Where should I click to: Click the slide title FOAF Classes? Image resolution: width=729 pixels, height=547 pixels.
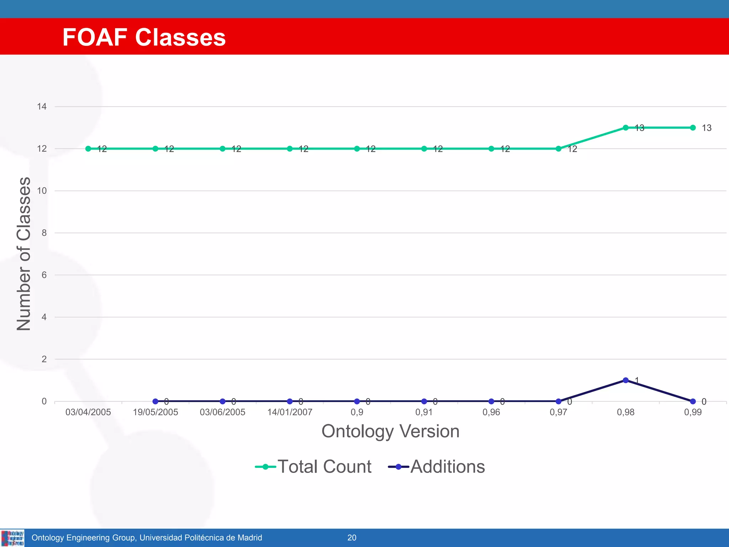pos(144,37)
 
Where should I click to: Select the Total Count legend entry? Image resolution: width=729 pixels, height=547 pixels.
pos(313,467)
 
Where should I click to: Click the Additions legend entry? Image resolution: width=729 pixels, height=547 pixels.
pos(437,467)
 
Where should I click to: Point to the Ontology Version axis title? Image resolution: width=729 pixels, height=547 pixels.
pos(390,431)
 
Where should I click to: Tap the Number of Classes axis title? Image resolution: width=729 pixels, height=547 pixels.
pos(24,254)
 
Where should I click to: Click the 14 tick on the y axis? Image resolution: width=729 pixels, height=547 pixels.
pos(42,106)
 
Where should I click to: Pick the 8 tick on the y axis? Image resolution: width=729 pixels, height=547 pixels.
pos(44,233)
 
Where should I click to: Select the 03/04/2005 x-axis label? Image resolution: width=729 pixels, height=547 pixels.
pos(88,412)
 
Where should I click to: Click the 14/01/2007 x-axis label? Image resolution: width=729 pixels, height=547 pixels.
pos(290,412)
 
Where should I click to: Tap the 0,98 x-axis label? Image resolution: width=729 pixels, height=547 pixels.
pos(625,412)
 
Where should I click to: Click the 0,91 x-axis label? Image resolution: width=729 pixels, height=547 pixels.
pos(424,412)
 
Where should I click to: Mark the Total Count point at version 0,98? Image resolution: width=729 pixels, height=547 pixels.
pos(625,127)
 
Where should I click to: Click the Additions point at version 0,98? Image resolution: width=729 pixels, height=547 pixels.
pos(625,380)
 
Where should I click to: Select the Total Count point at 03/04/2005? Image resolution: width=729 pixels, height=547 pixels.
pos(88,149)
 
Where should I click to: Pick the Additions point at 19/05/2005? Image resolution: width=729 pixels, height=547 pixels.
pos(155,401)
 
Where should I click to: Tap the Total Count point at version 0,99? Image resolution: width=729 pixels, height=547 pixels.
pos(693,127)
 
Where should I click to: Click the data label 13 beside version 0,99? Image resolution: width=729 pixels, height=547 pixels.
pos(707,128)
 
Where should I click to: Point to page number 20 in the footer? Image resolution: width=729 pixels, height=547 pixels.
pos(352,538)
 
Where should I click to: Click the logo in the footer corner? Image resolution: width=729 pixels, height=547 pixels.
pos(12,538)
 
